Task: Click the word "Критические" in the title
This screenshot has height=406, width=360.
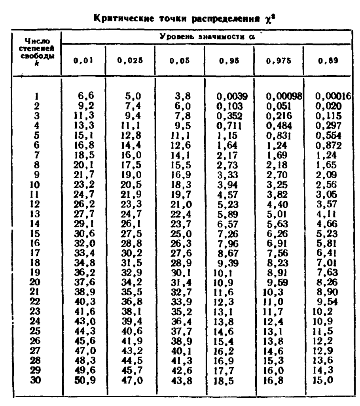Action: click(127, 18)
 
